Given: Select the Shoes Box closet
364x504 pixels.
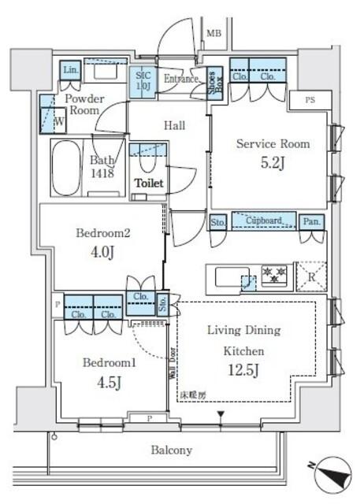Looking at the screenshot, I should [x=214, y=82].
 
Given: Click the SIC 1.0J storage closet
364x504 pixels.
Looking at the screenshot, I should [x=143, y=80].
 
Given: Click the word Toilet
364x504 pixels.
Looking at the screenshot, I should [x=149, y=183].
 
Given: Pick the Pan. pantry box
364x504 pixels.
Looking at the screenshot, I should [x=311, y=222].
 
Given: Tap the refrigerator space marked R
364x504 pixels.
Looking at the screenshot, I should [x=310, y=276].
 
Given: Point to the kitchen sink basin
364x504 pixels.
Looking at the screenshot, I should [x=229, y=278].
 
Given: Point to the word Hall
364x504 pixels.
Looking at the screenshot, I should [x=174, y=125].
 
